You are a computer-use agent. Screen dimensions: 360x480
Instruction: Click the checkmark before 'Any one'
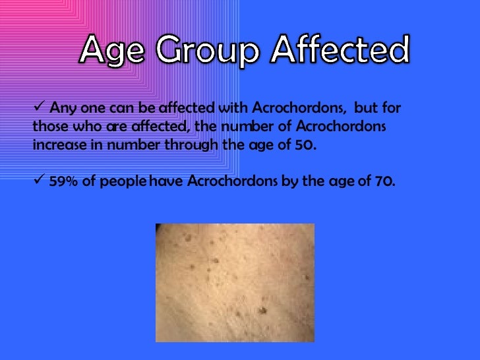[39, 106]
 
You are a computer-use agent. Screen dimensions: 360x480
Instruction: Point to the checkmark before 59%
[39, 180]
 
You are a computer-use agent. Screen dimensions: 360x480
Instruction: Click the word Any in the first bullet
[62, 107]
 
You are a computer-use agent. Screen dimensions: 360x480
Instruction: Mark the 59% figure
[63, 181]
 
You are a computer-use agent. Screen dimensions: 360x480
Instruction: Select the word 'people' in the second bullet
[121, 182]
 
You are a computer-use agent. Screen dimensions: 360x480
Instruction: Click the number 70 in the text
[384, 181]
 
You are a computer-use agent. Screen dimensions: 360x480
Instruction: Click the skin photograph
[234, 282]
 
